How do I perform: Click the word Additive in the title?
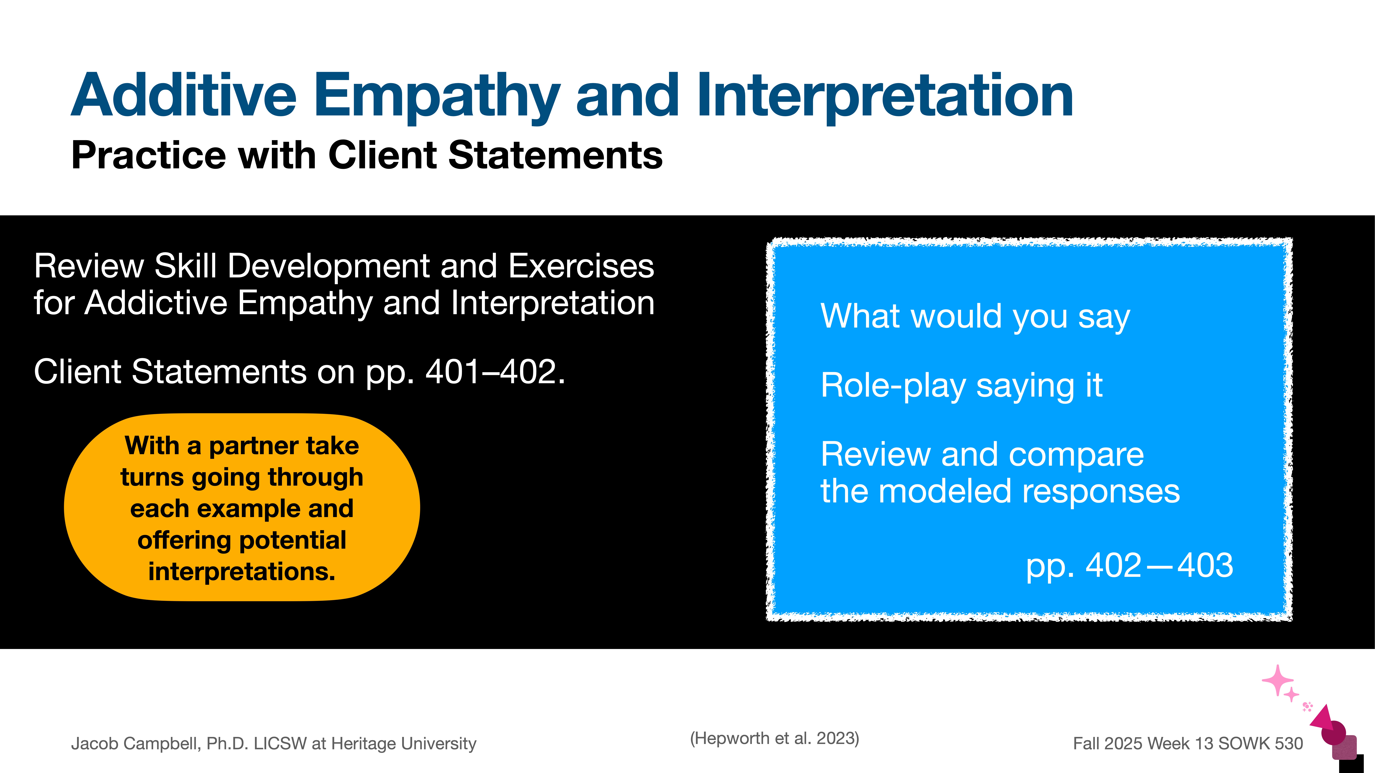[184, 96]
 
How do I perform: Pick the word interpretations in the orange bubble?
[242, 572]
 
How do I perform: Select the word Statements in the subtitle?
[555, 156]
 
